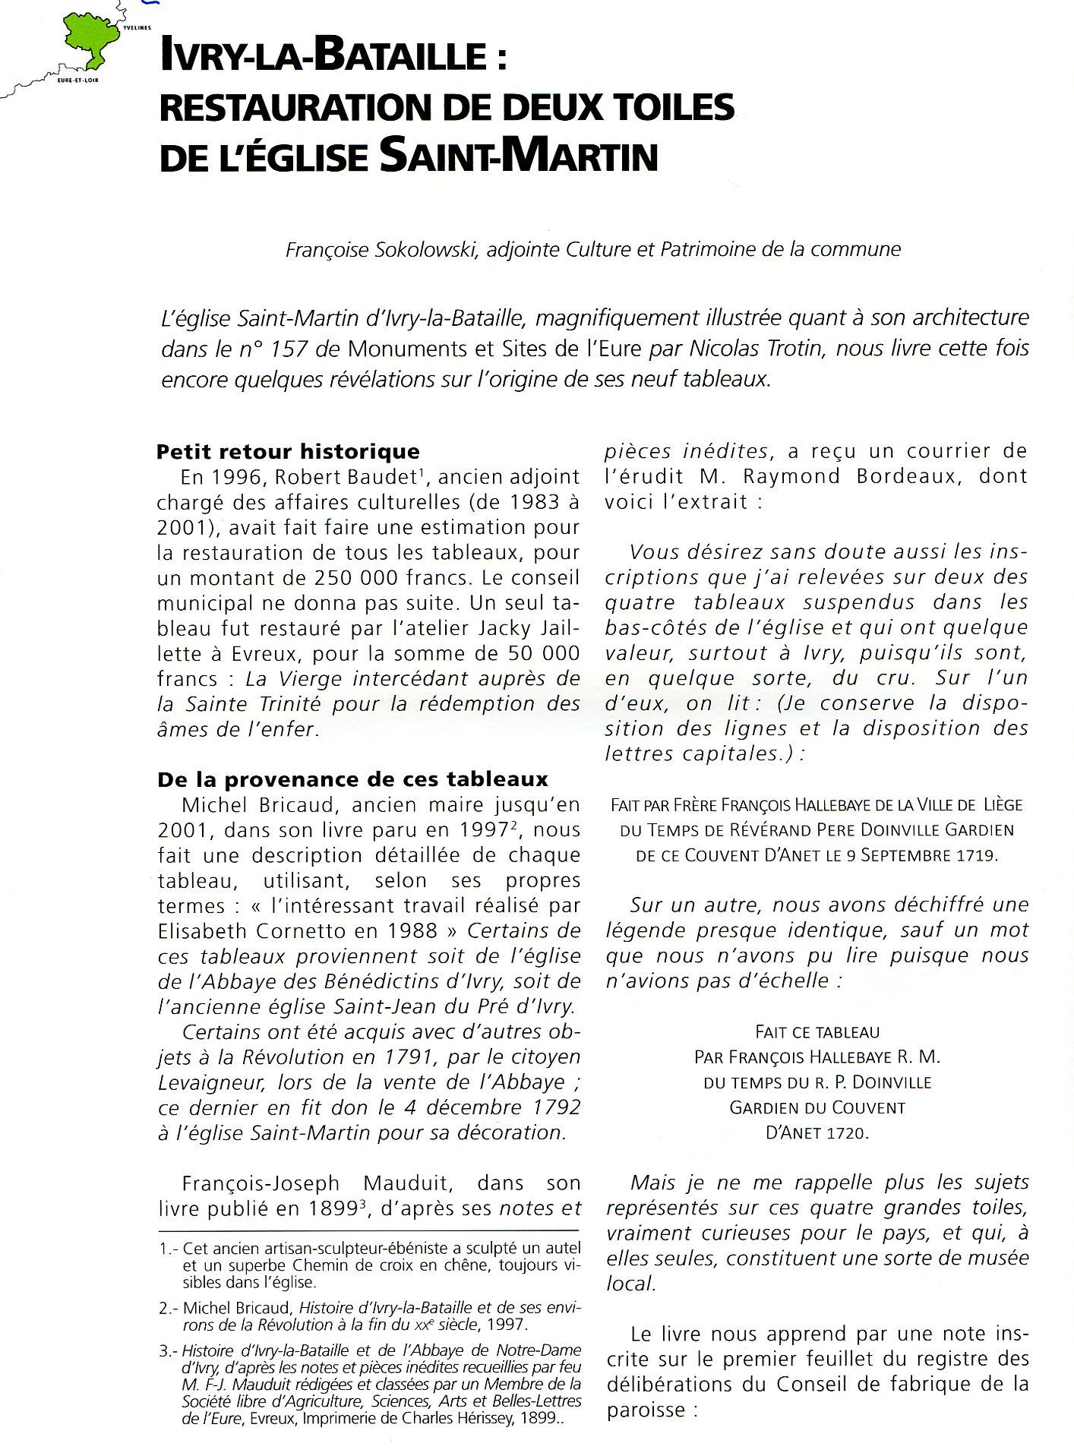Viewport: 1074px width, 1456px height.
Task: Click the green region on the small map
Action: click(x=91, y=38)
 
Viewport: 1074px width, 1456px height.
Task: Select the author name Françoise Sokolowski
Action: click(x=380, y=250)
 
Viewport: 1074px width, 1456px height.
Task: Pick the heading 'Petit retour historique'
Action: click(x=288, y=452)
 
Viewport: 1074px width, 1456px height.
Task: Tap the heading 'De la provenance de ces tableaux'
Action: click(x=352, y=779)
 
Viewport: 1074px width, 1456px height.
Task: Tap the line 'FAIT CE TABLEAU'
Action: click(x=817, y=1032)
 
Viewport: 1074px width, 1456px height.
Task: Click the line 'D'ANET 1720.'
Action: click(x=817, y=1132)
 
